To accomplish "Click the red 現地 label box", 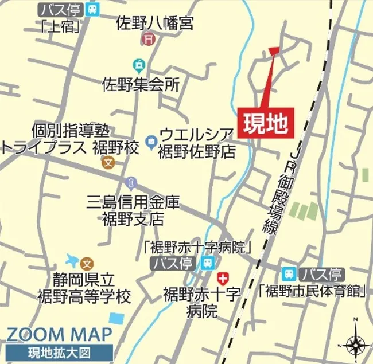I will coord(265,123).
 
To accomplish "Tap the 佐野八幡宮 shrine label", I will coord(154,24).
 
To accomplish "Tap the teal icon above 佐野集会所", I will coord(138,65).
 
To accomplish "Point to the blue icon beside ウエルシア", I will coord(151,139).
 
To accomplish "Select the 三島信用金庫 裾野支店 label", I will coord(133,210).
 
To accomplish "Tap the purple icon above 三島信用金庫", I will coord(131,183).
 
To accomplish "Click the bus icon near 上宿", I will coord(92,9).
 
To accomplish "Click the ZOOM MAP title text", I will coord(59,335).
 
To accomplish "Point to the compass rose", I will coord(356,343).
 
